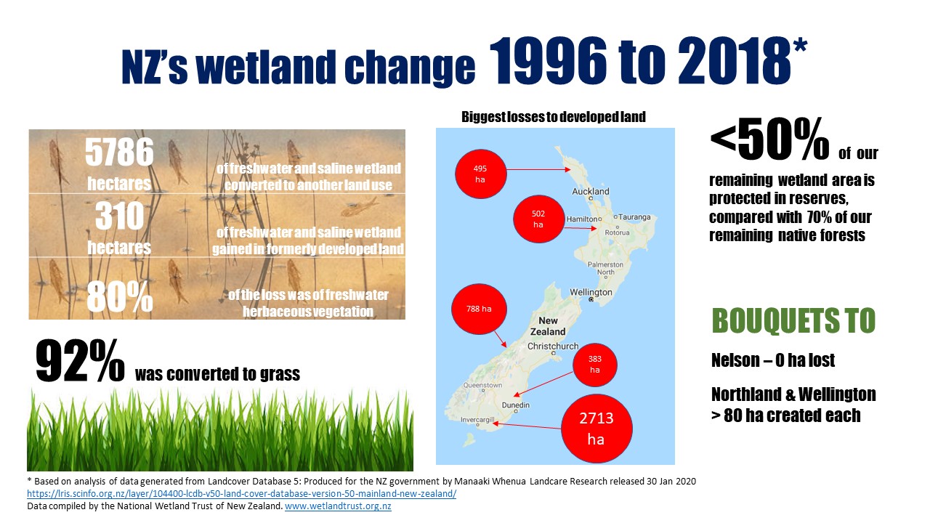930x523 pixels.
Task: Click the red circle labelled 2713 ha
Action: point(597,429)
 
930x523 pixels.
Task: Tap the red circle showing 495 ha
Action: point(481,174)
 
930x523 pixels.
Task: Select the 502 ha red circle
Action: point(538,219)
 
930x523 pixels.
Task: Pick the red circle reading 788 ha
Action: point(479,309)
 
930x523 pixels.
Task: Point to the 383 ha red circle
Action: point(594,365)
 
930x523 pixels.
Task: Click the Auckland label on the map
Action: point(591,191)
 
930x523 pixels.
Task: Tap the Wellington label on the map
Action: point(591,292)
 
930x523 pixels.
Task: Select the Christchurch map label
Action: point(553,346)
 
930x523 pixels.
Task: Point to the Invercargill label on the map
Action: point(477,420)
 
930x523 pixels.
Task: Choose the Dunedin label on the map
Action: point(516,405)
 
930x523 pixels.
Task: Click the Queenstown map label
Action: point(482,385)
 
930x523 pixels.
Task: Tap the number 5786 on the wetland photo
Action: point(119,153)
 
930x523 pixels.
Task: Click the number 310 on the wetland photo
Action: point(120,216)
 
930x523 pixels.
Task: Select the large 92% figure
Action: point(80,360)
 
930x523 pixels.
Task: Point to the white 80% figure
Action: point(120,297)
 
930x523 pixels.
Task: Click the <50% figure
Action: point(769,139)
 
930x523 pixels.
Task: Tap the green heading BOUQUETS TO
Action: point(794,321)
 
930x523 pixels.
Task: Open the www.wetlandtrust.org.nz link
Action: point(338,506)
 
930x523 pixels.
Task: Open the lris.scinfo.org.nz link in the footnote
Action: point(242,493)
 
